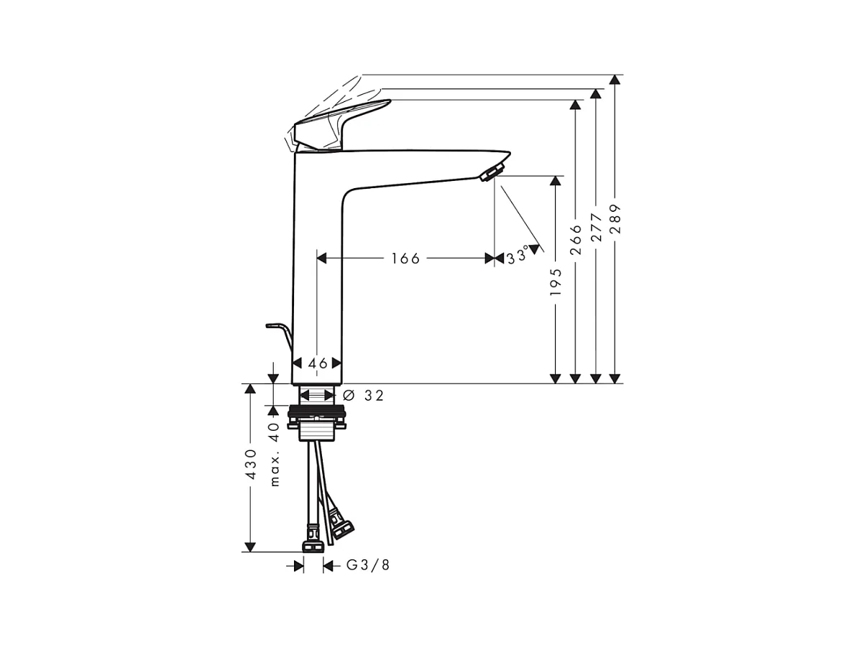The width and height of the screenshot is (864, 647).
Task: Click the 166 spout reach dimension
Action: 405,259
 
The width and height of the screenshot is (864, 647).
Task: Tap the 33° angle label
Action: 518,256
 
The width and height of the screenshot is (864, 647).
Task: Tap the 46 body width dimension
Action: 318,363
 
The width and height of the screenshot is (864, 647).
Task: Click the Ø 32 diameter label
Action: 363,396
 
